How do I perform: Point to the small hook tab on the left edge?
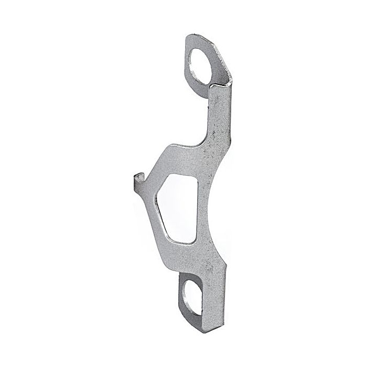[x=138, y=181]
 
